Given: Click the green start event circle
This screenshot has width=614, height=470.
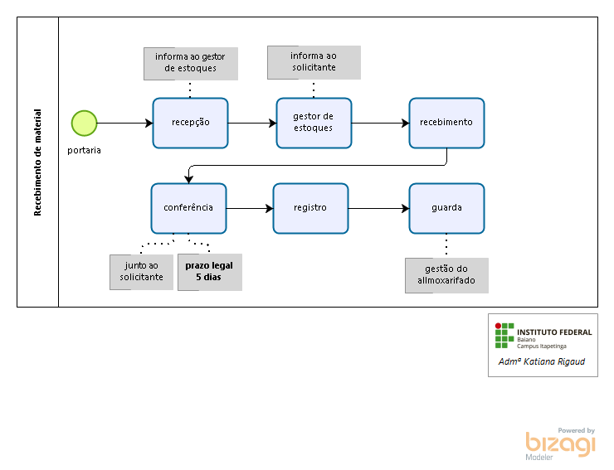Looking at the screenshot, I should [x=84, y=123].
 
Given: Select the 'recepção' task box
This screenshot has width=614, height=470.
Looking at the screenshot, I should [x=190, y=123].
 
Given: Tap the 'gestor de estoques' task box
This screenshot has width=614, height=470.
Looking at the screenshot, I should [x=314, y=123].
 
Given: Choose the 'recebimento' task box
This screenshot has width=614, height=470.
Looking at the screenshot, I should [x=446, y=123].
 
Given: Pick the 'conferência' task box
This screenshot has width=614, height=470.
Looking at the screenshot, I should [x=188, y=208].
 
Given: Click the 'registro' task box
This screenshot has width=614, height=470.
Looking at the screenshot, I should [x=310, y=208].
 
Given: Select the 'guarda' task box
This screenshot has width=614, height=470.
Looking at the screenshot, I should [x=446, y=208].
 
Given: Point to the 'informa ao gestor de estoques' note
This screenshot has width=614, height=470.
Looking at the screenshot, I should [x=191, y=63].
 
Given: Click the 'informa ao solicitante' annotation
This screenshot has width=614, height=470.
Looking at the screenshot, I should [x=314, y=61].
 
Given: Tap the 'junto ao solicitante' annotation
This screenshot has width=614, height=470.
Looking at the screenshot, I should [x=141, y=272].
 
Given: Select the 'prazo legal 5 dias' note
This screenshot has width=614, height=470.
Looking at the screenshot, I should [x=209, y=272].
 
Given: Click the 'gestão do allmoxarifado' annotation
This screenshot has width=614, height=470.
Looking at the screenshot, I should [x=446, y=275].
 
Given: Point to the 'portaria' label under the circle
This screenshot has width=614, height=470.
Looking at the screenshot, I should [x=85, y=151].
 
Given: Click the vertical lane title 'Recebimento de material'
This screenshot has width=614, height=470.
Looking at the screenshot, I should [x=37, y=162].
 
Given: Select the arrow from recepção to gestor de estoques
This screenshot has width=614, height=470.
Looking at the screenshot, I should [x=252, y=123].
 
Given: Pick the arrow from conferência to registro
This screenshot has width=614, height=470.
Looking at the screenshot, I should [x=250, y=208].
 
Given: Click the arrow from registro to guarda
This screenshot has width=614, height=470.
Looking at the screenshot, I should [x=378, y=208].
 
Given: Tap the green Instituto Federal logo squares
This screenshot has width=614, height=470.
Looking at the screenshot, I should [x=504, y=334].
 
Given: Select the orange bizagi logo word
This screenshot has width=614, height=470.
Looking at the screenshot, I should [x=560, y=444].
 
